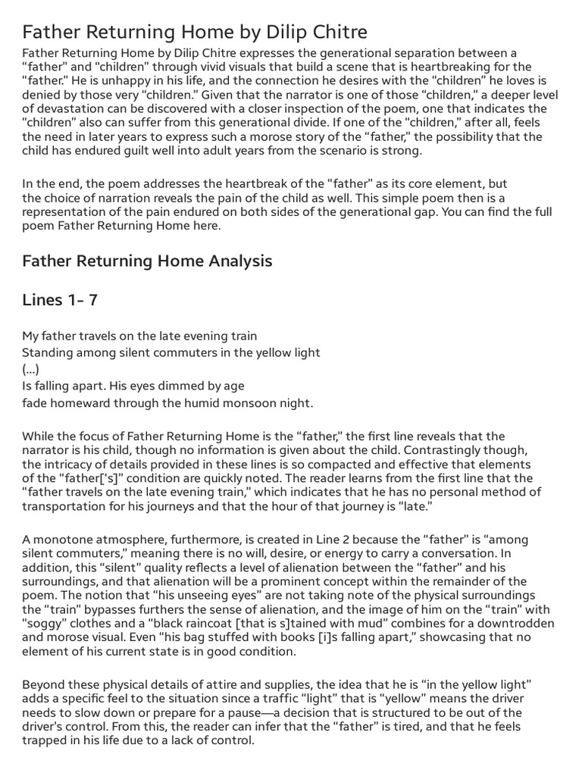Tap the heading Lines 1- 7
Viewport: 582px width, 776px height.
(x=60, y=300)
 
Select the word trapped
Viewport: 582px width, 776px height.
(x=44, y=740)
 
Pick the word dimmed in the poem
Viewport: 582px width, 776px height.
(x=176, y=386)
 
